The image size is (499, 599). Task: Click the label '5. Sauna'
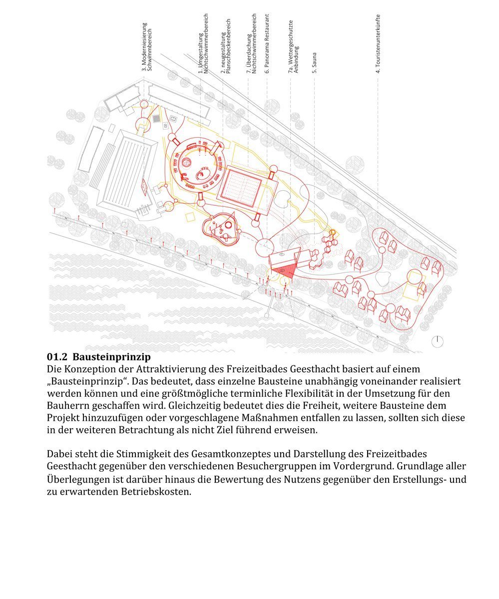[315, 63]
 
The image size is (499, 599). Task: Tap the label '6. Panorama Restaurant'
[267, 44]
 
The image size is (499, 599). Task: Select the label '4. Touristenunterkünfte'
[379, 43]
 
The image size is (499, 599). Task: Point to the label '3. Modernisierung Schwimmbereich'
[146, 47]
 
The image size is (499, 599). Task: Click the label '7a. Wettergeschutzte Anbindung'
[293, 47]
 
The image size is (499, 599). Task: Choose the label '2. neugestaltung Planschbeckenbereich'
[226, 47]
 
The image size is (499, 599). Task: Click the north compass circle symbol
[437, 341]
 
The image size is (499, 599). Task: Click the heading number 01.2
[57, 357]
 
